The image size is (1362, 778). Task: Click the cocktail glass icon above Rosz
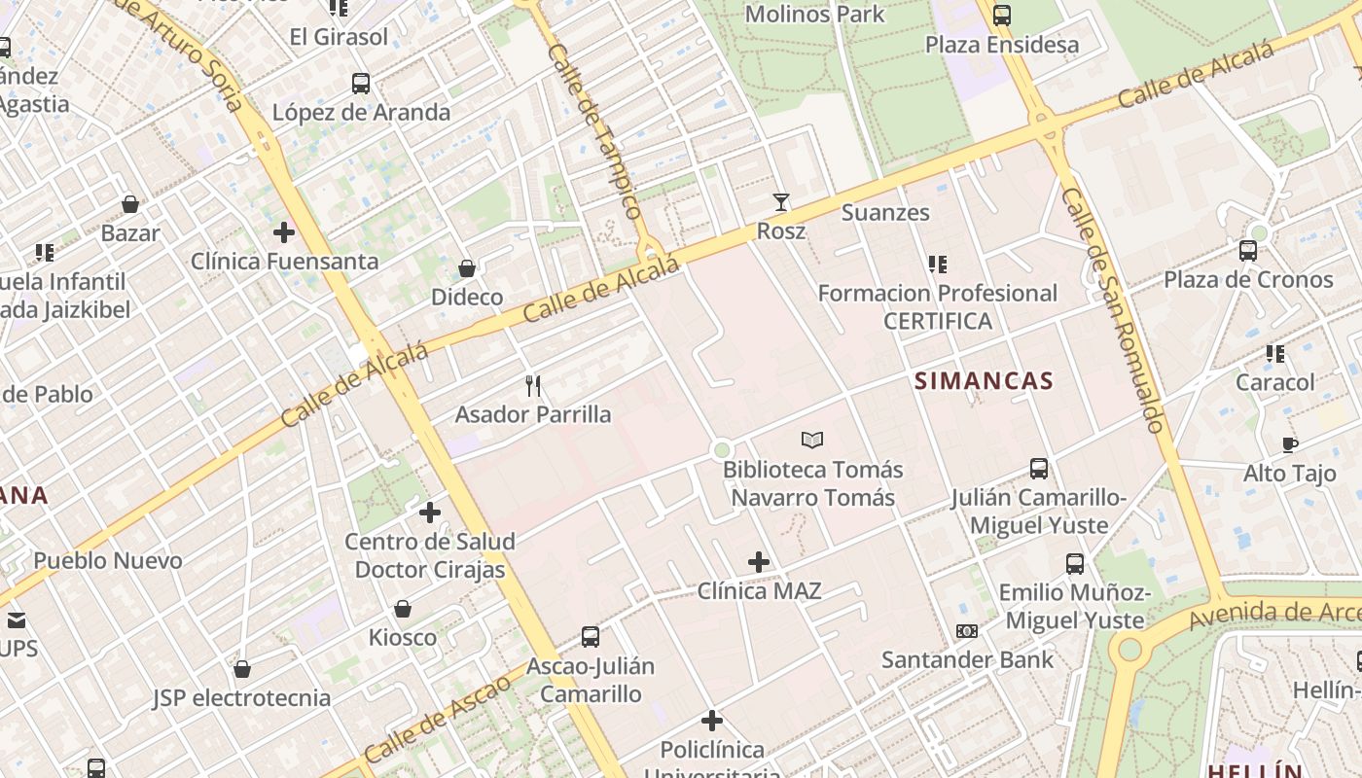pos(780,202)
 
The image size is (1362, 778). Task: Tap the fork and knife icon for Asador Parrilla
pos(533,386)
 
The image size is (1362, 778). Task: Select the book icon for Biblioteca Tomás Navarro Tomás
pos(812,441)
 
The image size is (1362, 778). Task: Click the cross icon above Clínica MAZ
pos(759,562)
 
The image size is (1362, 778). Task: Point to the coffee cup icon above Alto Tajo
pos(1290,445)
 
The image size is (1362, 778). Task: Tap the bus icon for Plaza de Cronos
pos(1248,251)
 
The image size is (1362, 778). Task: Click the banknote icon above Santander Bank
pos(966,631)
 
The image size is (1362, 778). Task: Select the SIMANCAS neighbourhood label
pos(984,381)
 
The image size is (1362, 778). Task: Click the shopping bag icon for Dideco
pos(467,268)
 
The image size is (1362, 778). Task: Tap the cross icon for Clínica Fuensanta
pos(284,232)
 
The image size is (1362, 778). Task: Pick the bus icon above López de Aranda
pos(361,84)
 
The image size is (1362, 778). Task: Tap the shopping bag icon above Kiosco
pos(403,610)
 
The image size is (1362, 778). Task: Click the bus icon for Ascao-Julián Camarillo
pos(591,637)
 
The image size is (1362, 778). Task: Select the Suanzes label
pos(885,212)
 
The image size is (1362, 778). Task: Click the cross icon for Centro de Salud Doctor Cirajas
pos(429,513)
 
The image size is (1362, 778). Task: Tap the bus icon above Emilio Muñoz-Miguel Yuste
pos(1075,564)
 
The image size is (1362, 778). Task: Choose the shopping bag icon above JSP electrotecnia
pos(242,669)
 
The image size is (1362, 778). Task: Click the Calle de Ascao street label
pos(439,717)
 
